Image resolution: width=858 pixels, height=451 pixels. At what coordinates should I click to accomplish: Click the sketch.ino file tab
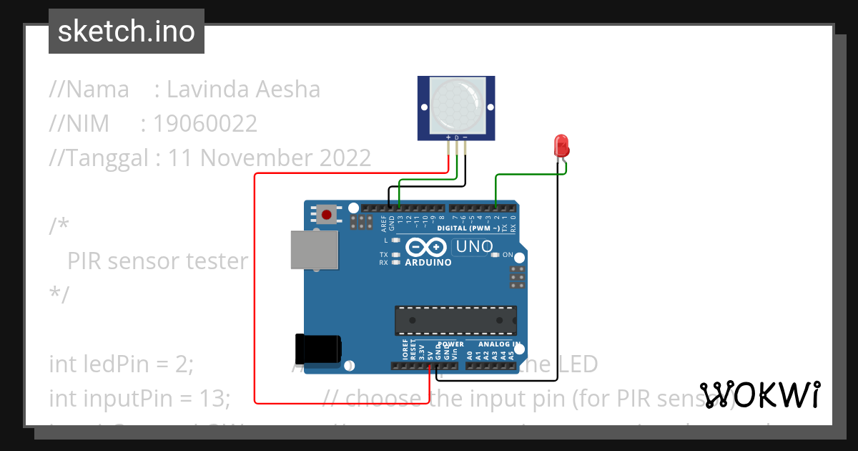[x=127, y=31]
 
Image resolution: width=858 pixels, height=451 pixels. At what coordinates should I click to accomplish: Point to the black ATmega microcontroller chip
[x=455, y=320]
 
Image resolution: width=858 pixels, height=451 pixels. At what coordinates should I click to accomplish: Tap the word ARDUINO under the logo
[x=428, y=263]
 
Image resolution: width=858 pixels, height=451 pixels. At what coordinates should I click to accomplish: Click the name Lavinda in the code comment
[x=207, y=89]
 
